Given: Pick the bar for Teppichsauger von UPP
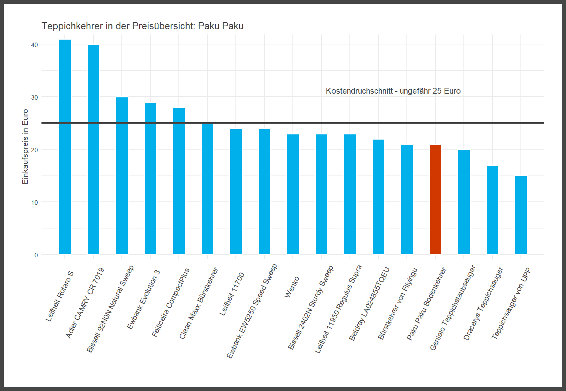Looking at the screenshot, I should point(521,215).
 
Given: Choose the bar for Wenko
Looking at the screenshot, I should point(293,194).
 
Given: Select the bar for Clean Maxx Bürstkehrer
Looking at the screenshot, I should point(207,189).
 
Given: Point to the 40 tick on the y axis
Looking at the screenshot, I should point(34,45).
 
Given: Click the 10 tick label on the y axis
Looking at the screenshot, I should point(34,203).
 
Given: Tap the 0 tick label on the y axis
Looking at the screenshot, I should point(36,255).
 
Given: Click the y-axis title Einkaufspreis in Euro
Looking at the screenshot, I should point(25,147).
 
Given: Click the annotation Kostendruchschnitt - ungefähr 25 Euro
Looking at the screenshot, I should point(393,91).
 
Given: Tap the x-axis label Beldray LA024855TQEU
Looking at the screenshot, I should point(369,304).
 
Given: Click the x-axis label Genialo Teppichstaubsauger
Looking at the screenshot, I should point(453,308).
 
